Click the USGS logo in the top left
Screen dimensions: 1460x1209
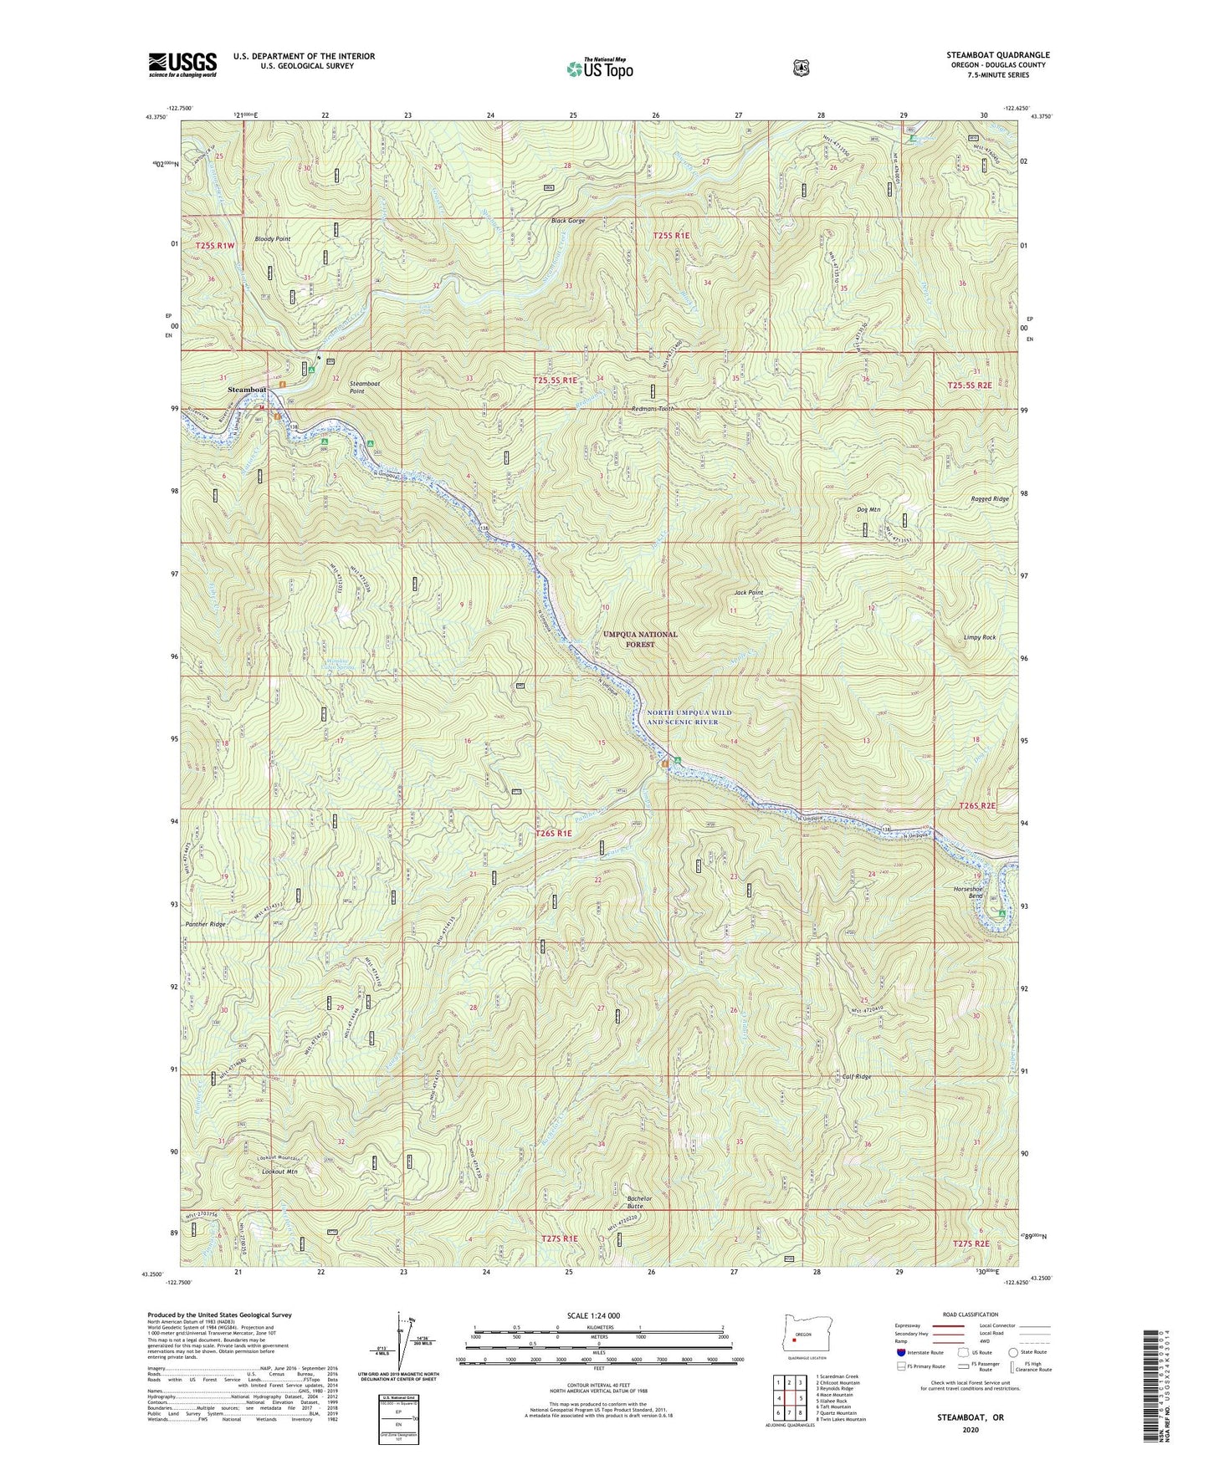pyautogui.click(x=182, y=64)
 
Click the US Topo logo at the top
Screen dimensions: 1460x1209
pyautogui.click(x=598, y=69)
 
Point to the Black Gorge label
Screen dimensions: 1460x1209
pyautogui.click(x=568, y=222)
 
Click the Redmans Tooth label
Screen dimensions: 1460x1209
pyautogui.click(x=653, y=409)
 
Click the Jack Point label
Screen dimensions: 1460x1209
pyautogui.click(x=749, y=593)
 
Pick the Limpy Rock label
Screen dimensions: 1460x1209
pyautogui.click(x=979, y=637)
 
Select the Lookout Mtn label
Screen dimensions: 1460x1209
pyautogui.click(x=279, y=1172)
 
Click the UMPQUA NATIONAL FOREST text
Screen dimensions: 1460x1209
pyautogui.click(x=640, y=640)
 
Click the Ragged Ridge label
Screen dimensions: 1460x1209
pyautogui.click(x=989, y=499)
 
